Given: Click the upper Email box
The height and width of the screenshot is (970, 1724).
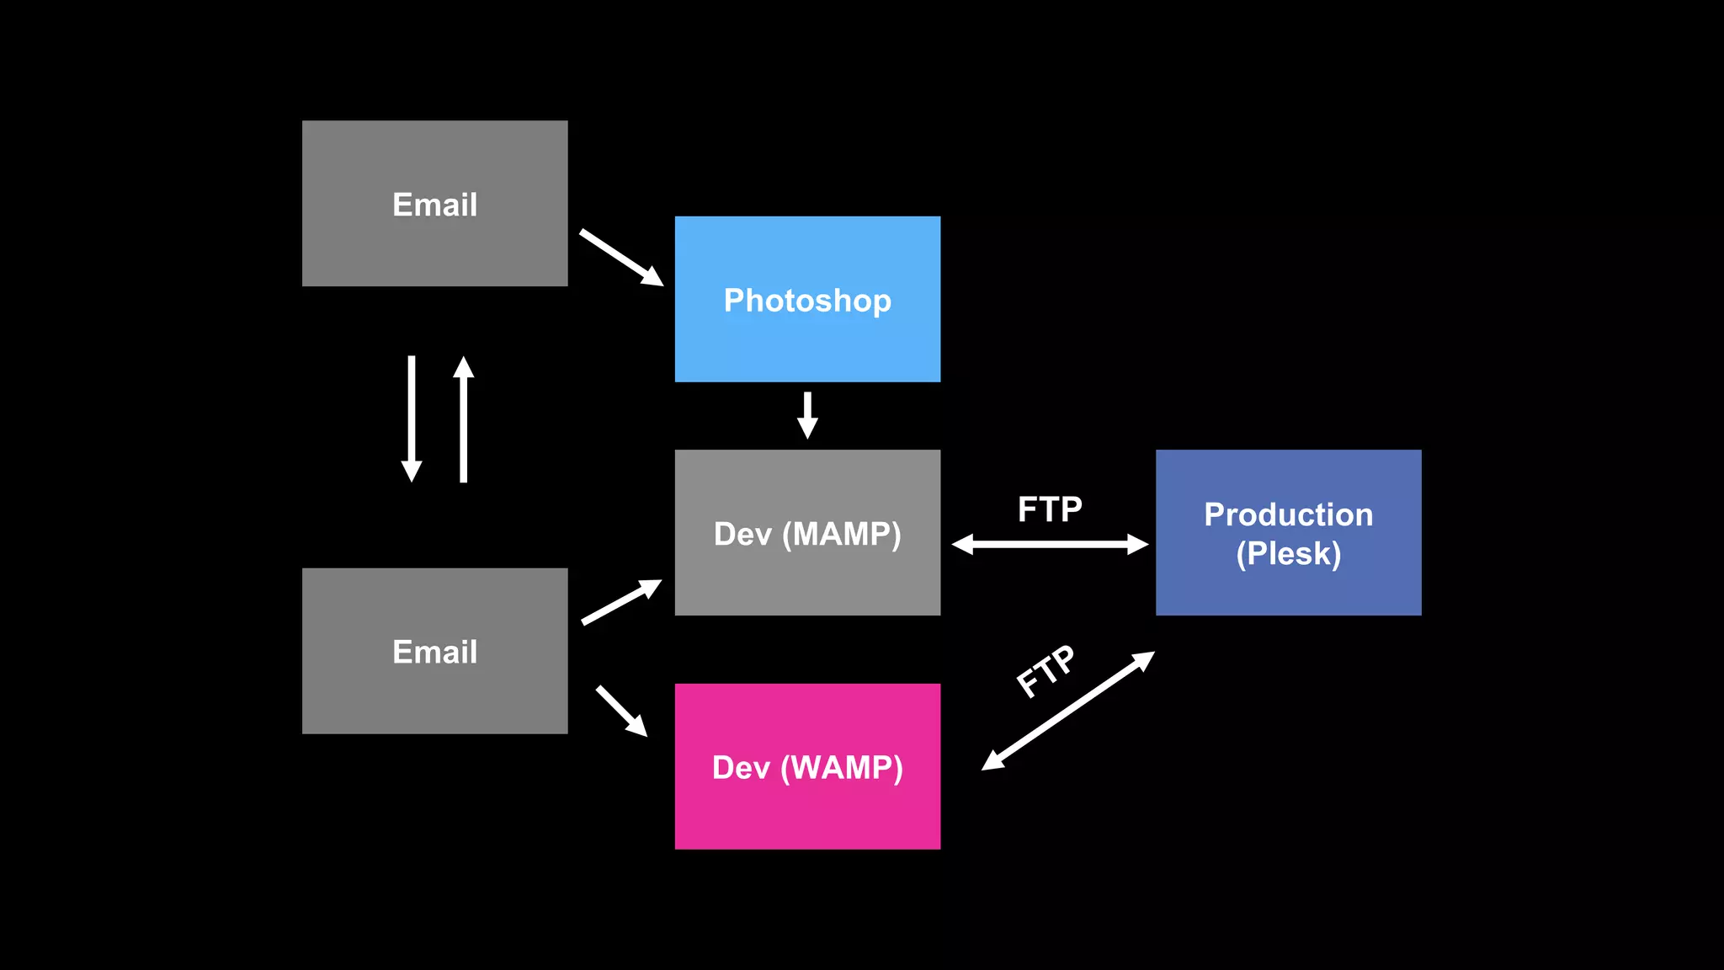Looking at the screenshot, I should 434,203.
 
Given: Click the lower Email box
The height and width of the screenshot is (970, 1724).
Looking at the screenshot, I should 434,650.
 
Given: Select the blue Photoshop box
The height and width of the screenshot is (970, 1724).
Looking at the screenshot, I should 806,299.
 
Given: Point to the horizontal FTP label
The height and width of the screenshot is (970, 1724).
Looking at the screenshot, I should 1049,509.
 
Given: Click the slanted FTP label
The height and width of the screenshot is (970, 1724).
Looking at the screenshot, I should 1046,671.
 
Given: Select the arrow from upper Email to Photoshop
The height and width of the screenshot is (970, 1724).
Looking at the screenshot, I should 621,257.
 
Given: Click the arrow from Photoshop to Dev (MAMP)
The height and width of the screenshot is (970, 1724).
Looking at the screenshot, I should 806,414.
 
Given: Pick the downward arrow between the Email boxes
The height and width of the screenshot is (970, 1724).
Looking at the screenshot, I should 412,418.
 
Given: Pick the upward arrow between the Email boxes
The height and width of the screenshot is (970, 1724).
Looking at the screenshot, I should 463,418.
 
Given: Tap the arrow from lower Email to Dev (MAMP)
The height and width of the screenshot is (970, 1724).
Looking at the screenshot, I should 621,602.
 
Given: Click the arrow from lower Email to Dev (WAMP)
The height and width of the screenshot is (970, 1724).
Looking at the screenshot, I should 621,711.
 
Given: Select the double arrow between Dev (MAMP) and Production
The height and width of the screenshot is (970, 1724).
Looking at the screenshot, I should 1049,544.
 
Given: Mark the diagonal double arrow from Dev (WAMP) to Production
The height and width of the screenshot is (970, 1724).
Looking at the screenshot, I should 1067,711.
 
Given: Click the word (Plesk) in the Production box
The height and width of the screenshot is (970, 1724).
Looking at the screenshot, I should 1288,554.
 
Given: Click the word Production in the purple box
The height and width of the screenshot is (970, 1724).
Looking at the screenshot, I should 1288,514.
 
